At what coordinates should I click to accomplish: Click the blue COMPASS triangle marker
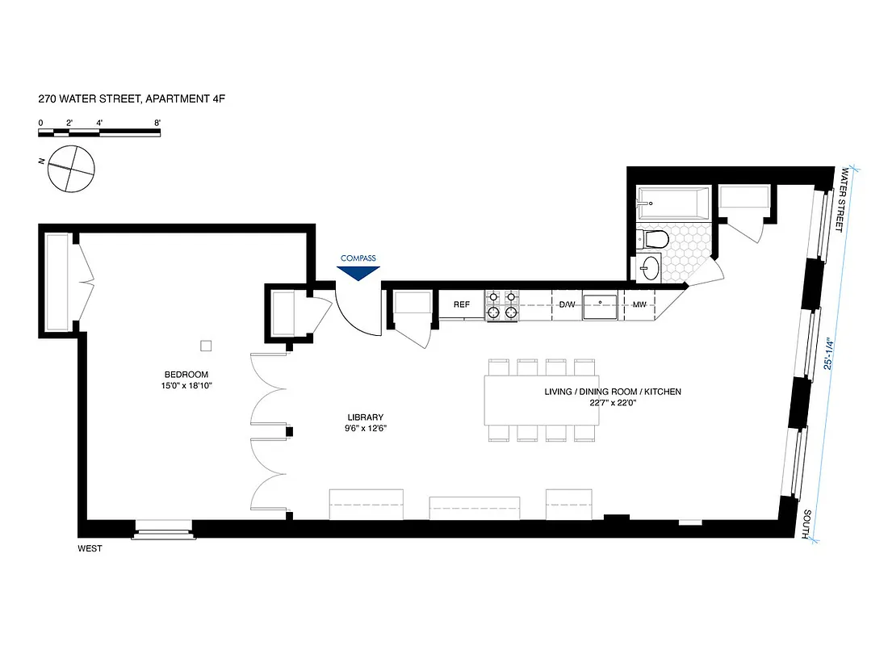358,273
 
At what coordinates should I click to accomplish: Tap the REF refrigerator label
462,304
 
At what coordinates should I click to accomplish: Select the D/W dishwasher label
567,304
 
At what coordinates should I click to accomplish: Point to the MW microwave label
639,304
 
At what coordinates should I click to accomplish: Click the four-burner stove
501,304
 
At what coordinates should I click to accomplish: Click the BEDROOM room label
186,374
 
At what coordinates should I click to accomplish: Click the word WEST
90,549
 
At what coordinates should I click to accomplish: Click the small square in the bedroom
206,346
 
